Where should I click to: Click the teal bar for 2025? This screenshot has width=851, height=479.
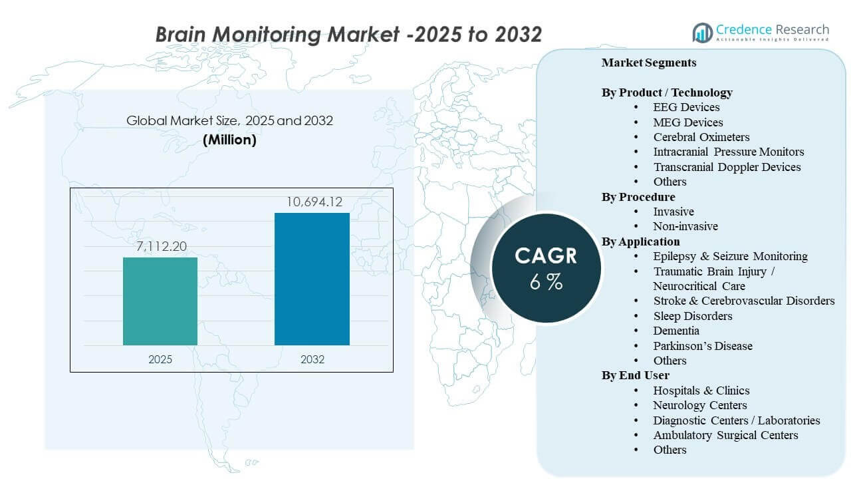[160, 301]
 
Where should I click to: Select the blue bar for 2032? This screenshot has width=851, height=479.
[312, 279]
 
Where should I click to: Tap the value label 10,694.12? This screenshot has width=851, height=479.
[312, 202]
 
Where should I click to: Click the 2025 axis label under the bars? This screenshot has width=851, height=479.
[160, 359]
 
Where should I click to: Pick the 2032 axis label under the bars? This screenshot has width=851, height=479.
[312, 359]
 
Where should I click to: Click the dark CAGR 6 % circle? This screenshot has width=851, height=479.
[546, 268]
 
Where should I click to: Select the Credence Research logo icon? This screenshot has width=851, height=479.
[702, 32]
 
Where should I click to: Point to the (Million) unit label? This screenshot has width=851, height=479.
[229, 140]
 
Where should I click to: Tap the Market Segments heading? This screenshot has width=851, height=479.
[649, 63]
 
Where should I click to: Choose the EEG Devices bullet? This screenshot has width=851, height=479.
[686, 107]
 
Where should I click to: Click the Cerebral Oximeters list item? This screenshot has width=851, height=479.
[701, 137]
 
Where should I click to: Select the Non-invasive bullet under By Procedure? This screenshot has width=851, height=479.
[685, 226]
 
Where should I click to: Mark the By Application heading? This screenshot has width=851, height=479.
[641, 241]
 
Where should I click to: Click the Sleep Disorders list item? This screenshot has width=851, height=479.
[692, 316]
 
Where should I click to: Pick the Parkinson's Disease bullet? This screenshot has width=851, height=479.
[702, 346]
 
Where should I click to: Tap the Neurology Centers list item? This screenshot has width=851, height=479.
[699, 405]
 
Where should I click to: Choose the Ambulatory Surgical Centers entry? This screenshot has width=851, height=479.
[725, 435]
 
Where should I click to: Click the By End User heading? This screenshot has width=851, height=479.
[636, 376]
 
